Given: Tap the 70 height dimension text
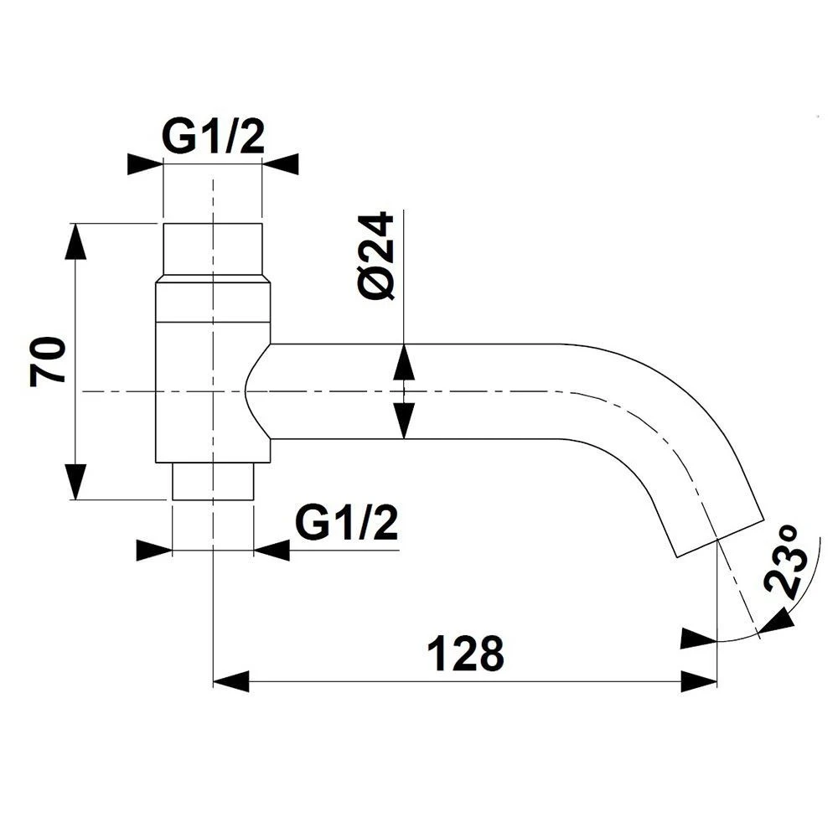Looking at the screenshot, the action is point(48,361).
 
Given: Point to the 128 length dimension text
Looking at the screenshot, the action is point(466,653).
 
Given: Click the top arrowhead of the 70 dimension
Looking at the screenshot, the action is point(75,241).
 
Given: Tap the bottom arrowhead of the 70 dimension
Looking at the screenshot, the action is point(75,482).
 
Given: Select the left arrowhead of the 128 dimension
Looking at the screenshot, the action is point(231,681).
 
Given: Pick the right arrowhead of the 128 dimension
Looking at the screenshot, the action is point(699,681).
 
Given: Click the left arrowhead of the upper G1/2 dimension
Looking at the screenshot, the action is point(145,164).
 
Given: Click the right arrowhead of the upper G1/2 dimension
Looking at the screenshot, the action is point(280,164).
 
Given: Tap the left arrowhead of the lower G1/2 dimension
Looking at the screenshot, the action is point(154,550).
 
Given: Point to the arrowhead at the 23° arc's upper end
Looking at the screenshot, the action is point(776,622).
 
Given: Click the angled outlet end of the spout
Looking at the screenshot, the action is point(721,538).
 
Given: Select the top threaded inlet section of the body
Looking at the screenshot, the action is point(213,250).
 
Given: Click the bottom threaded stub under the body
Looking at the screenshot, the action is point(213,481).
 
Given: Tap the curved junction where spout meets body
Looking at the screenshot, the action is point(257,391).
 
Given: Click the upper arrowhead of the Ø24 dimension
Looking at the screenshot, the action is point(404,362).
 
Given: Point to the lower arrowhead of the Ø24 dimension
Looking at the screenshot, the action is point(404,421).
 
